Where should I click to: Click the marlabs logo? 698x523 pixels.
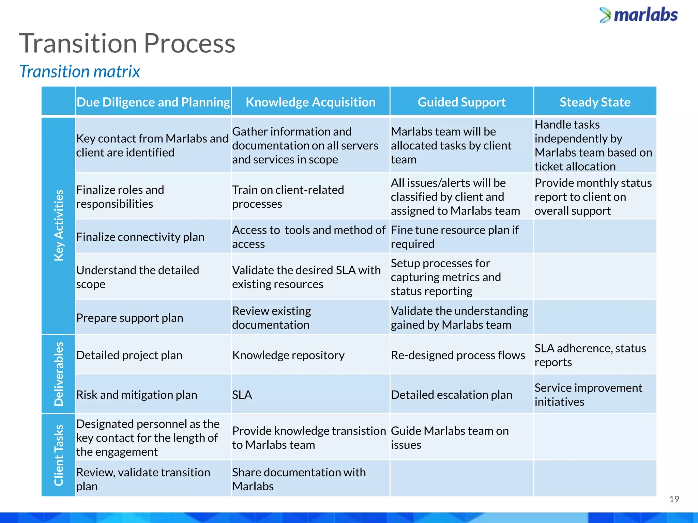[x=639, y=15]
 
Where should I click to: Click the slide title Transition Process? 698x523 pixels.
[x=127, y=44]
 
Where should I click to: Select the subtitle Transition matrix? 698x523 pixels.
[x=79, y=72]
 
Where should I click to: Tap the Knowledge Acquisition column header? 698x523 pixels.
[x=310, y=102]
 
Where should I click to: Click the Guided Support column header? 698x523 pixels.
[x=461, y=102]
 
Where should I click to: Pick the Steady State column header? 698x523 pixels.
[x=595, y=102]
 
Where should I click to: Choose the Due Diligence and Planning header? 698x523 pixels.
[x=153, y=102]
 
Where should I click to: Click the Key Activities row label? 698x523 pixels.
[x=59, y=225]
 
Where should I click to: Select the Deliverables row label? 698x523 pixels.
[x=59, y=374]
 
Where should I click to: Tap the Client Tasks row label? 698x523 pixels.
[x=59, y=455]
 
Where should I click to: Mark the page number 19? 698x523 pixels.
[x=674, y=499]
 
